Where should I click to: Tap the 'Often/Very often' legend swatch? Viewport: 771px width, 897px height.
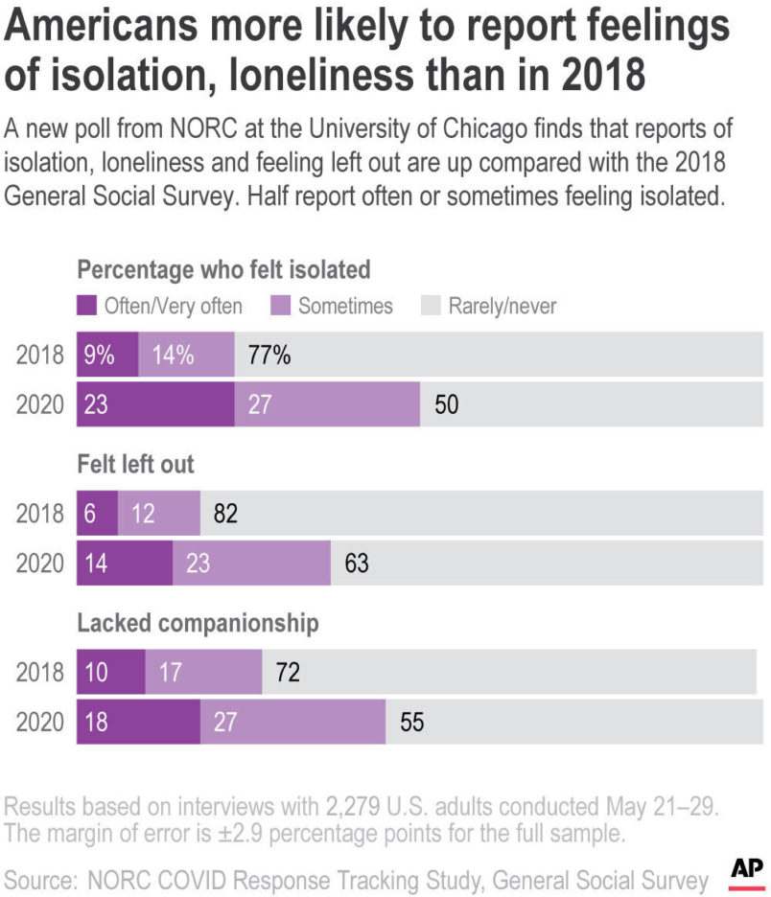click(88, 306)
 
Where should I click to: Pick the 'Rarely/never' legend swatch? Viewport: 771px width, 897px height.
click(431, 306)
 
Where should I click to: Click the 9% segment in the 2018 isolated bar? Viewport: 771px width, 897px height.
click(107, 355)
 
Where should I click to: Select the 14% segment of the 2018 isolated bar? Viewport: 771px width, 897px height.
click(186, 355)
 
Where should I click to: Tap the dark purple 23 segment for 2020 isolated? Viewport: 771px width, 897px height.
click(155, 403)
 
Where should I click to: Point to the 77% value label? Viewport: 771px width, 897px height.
click(269, 355)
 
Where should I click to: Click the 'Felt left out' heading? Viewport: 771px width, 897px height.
click(135, 465)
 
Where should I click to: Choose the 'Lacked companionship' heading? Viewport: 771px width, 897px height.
click(197, 623)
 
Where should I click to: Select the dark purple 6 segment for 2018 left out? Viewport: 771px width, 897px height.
click(97, 514)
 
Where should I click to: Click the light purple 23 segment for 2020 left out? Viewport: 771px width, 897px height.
click(251, 563)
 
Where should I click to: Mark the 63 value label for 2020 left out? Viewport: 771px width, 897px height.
click(355, 563)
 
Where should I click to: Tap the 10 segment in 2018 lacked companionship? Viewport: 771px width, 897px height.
click(110, 672)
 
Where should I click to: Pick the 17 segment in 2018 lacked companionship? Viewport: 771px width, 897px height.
click(203, 672)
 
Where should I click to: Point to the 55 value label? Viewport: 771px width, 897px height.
click(411, 721)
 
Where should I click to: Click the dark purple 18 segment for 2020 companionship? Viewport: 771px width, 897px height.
click(138, 721)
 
